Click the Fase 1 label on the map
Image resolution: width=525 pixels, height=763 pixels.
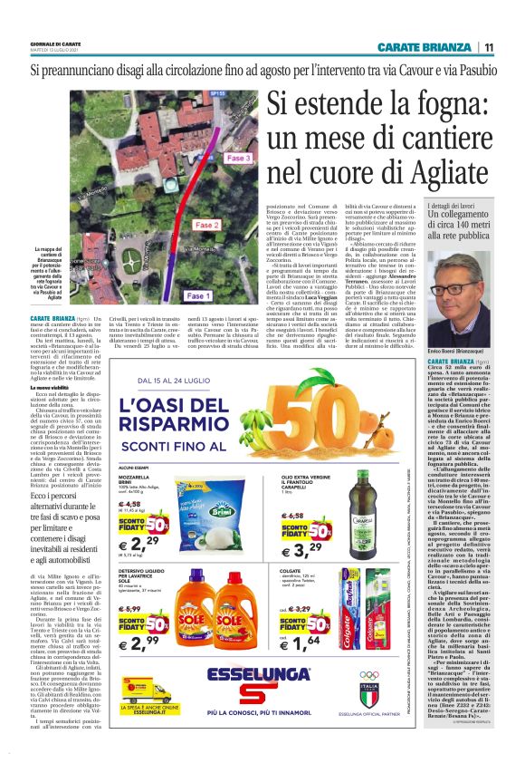click(x=196, y=296)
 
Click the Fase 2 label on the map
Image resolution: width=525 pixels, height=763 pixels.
click(x=207, y=225)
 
